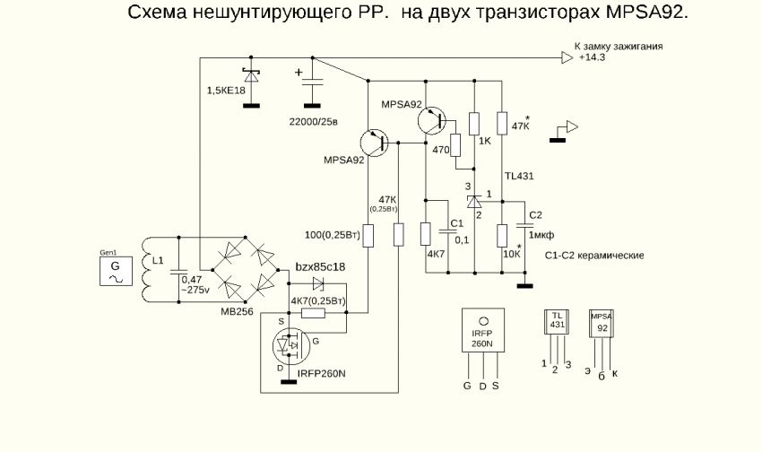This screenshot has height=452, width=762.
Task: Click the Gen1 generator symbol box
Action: [x=114, y=271]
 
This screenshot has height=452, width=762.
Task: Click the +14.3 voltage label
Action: [x=592, y=56]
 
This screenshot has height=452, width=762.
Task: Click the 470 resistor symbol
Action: [x=456, y=145]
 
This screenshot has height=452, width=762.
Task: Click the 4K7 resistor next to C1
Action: [x=426, y=234]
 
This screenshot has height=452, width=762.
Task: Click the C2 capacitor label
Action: [x=536, y=215]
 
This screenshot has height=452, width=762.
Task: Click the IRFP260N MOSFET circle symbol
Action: [x=289, y=345]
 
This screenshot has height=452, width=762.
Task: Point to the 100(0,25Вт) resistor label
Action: [x=332, y=236]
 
